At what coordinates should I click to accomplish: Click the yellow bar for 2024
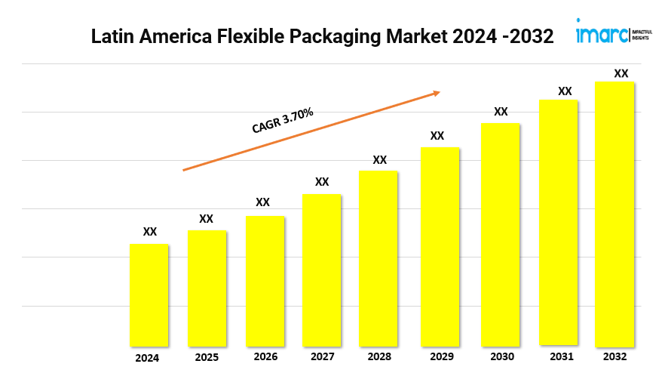click(x=149, y=294)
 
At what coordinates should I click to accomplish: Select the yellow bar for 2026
click(x=265, y=281)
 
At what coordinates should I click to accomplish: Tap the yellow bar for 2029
click(x=440, y=246)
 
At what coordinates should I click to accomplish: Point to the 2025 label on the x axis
click(x=207, y=356)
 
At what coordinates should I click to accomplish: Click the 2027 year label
click(x=322, y=356)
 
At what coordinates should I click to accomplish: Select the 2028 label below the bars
click(x=380, y=356)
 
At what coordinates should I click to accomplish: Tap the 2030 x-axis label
click(x=501, y=356)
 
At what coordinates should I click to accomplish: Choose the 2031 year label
click(x=559, y=356)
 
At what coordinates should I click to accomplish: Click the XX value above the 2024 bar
click(x=150, y=232)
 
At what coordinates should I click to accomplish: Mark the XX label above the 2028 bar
click(x=380, y=160)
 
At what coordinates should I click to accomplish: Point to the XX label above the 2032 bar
click(x=621, y=73)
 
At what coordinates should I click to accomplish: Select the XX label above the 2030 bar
click(x=501, y=112)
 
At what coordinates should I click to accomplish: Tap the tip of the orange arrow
click(x=440, y=93)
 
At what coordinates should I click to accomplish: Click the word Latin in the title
click(x=110, y=36)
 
